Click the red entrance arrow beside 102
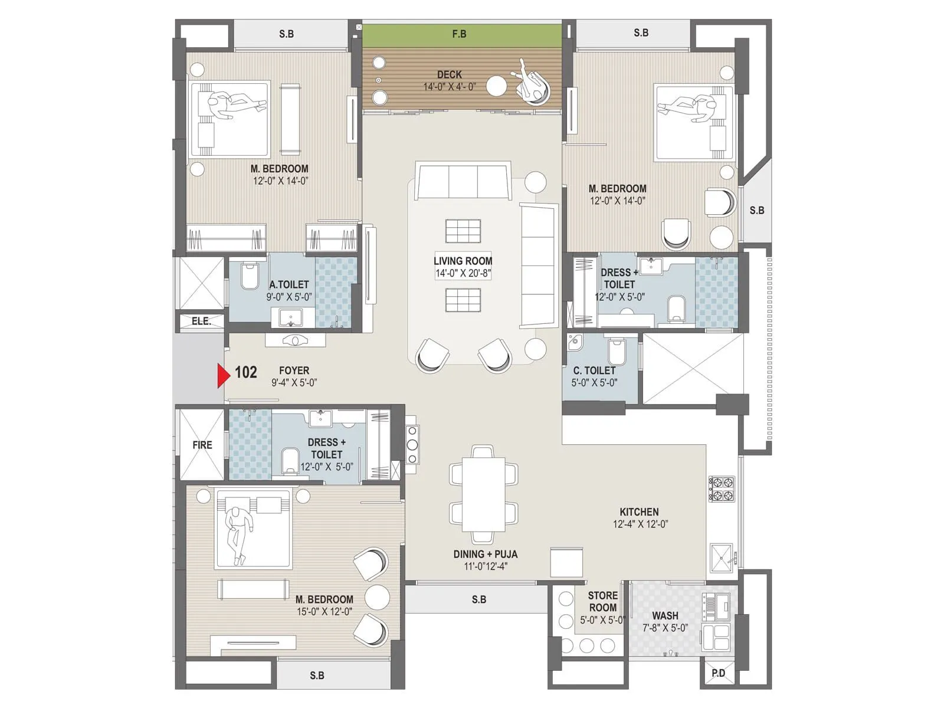tap(223, 376)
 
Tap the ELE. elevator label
tap(201, 322)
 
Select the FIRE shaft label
tap(202, 445)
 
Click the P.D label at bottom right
tap(718, 673)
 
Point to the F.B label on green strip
tap(459, 34)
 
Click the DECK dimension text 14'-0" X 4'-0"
tap(449, 87)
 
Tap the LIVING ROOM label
tap(463, 261)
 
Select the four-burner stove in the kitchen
tap(722, 489)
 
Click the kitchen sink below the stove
tap(722, 558)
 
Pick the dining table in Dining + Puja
tap(483, 494)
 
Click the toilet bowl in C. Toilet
tap(617, 352)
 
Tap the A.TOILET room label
tap(289, 284)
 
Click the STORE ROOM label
tap(602, 601)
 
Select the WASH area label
tap(664, 615)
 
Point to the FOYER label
tap(294, 371)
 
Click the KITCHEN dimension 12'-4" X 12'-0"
tap(640, 524)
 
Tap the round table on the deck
tap(496, 86)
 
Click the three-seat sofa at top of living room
tap(463, 181)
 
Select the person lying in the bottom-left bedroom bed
tap(238, 530)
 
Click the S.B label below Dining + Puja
tap(478, 599)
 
